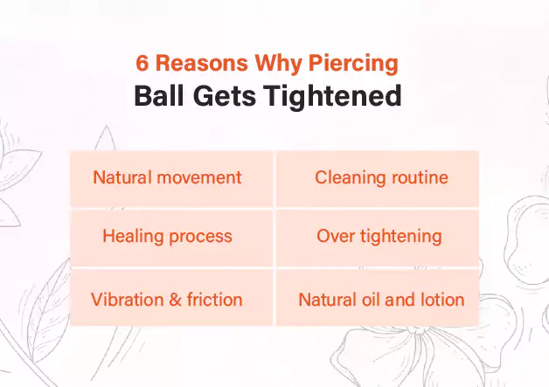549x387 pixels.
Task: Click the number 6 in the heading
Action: pyautogui.click(x=143, y=64)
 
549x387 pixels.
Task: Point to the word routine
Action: pyautogui.click(x=418, y=178)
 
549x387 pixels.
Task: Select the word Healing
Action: pyautogui.click(x=132, y=237)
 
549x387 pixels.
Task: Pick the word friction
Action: pyautogui.click(x=212, y=300)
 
